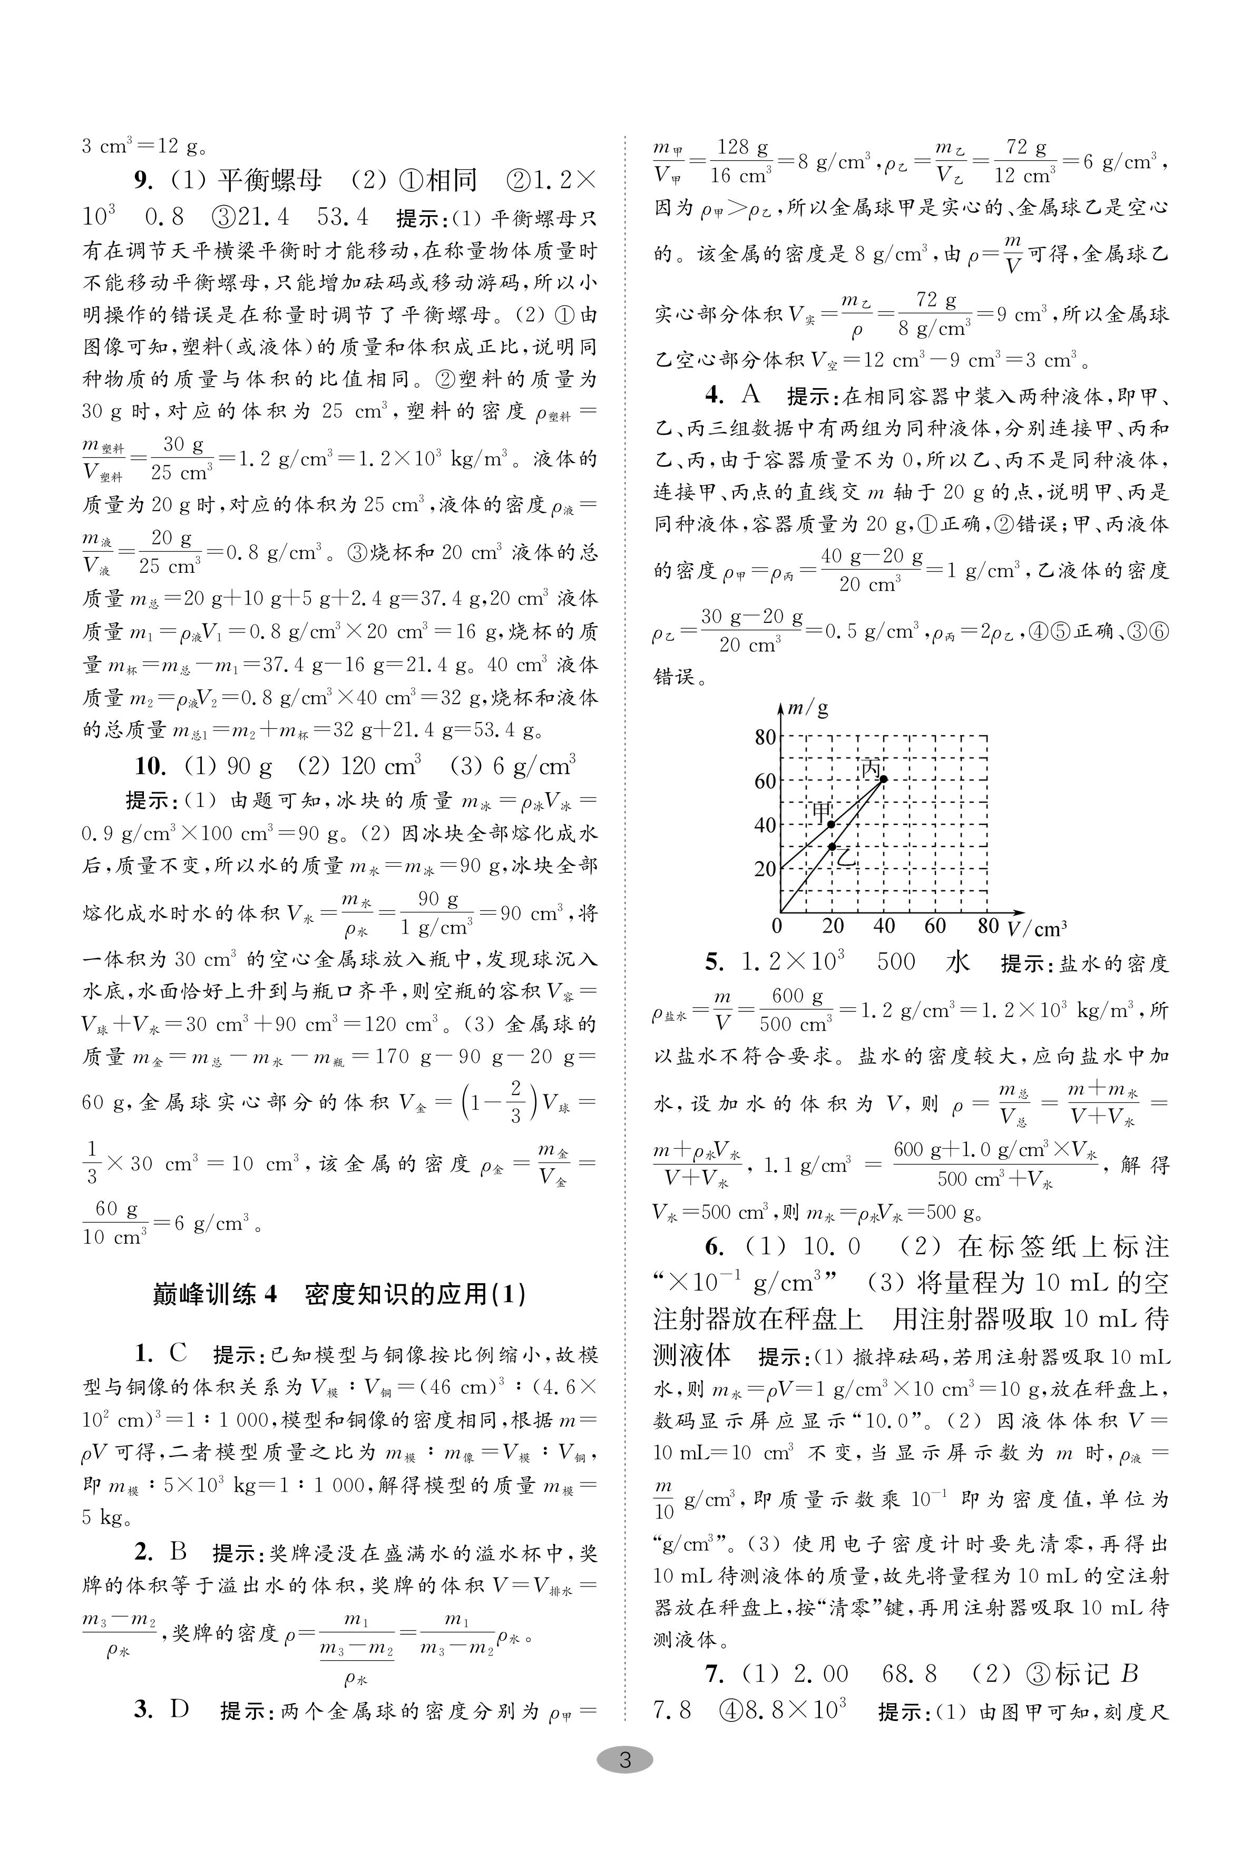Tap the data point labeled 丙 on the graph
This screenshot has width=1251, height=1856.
(x=883, y=779)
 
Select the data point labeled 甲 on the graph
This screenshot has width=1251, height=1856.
(x=832, y=824)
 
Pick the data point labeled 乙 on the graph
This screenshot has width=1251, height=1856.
(x=832, y=846)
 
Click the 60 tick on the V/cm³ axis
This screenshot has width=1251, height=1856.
(x=935, y=926)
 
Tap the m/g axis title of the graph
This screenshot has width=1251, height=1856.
(x=807, y=707)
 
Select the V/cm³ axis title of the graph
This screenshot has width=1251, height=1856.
(x=1037, y=928)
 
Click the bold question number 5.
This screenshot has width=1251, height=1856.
(x=714, y=962)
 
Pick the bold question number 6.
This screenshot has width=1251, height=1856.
(x=714, y=1246)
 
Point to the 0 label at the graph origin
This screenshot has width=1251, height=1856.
(x=777, y=926)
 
